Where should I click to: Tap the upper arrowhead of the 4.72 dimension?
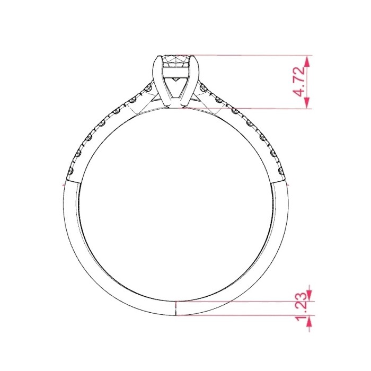307,61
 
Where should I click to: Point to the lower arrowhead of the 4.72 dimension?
307,103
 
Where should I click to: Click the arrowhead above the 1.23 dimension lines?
309,296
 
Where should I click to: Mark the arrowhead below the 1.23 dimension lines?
309,321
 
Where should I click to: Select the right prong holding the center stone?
191,80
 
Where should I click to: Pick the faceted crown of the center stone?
176,61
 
